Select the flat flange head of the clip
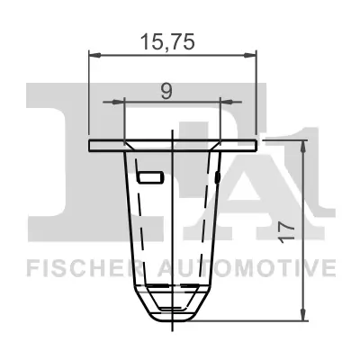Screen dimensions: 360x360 coord(172,144)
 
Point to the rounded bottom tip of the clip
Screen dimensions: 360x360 coord(172,315)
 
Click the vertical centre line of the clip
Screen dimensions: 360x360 coord(172,225)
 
